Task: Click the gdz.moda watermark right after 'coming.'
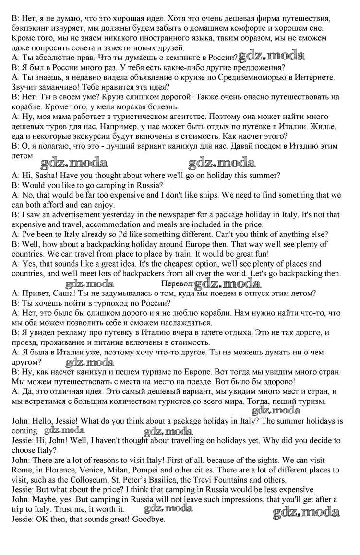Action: pyautogui.click(x=64, y=430)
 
